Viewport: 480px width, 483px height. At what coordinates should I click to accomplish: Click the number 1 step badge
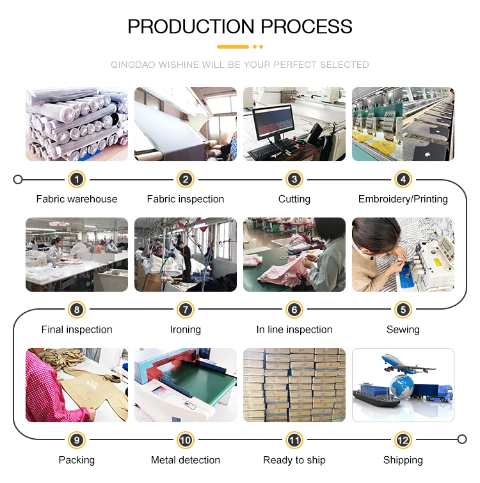[77, 180]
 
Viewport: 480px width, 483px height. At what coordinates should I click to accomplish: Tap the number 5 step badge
[403, 310]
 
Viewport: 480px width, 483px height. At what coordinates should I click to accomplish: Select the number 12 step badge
[403, 440]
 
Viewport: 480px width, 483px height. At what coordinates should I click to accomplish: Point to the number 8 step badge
[77, 310]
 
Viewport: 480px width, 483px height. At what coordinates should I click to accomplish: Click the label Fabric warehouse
[77, 199]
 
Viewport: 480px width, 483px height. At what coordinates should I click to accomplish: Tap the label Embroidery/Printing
[403, 199]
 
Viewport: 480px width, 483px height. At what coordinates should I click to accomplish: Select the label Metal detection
[186, 460]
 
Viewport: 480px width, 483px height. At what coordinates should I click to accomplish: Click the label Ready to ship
[294, 460]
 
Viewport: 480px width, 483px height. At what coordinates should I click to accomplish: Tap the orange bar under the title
[233, 47]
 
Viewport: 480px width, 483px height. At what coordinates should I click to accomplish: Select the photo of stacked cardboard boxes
[294, 385]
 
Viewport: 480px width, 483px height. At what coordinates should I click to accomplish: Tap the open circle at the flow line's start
[18, 180]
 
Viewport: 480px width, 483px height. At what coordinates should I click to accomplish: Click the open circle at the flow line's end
[462, 440]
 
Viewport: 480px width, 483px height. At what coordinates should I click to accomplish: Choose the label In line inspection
[294, 329]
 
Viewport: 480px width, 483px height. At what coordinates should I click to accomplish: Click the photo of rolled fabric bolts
[77, 124]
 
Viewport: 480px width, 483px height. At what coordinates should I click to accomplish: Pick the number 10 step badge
[186, 440]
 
